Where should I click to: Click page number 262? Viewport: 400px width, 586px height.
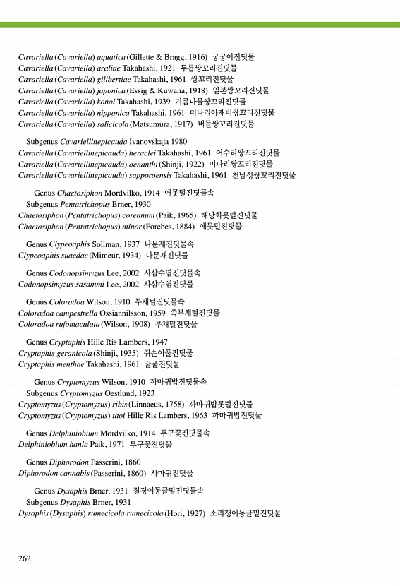(x=25, y=558)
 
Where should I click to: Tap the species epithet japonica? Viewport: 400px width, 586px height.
(x=112, y=90)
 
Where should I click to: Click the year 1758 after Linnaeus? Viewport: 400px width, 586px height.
(x=173, y=405)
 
